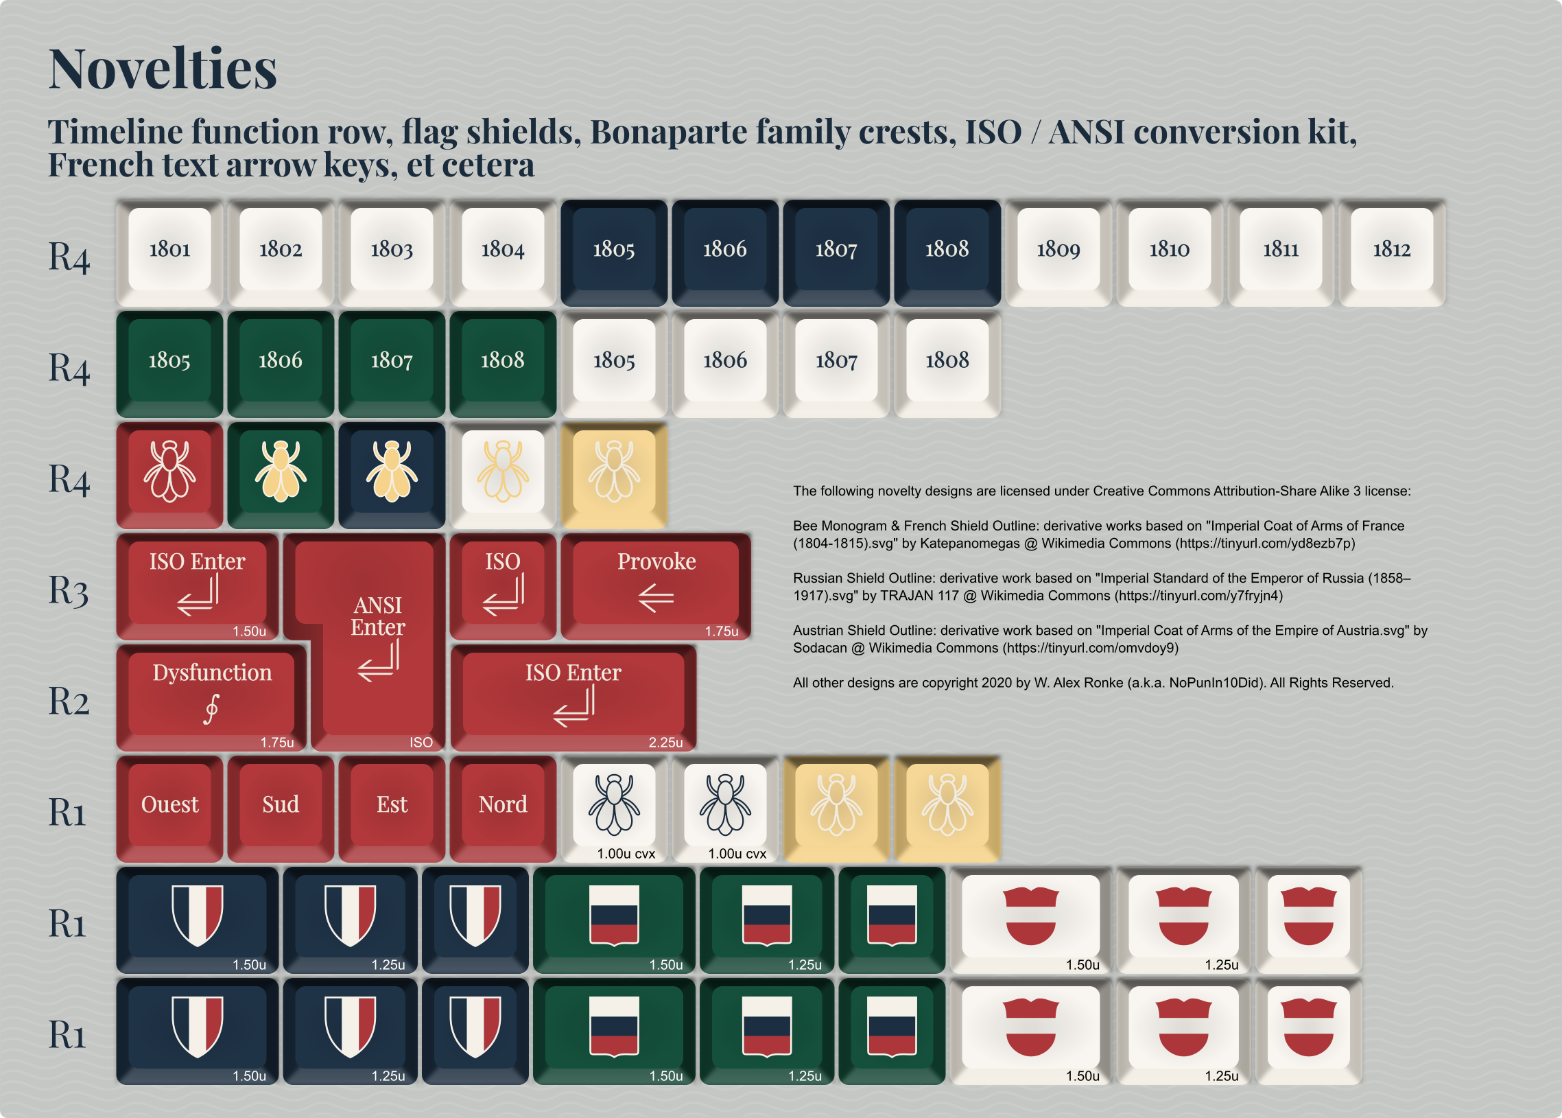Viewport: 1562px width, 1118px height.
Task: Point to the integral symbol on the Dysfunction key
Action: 211,709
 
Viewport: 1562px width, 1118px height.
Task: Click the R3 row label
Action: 69,591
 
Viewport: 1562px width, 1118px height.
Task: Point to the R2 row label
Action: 69,701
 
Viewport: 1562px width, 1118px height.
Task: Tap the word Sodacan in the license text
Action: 820,648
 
